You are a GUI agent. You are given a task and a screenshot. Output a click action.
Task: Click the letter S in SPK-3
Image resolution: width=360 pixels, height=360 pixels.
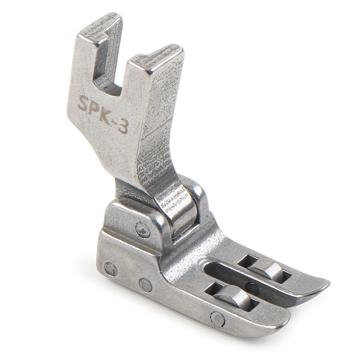(83, 102)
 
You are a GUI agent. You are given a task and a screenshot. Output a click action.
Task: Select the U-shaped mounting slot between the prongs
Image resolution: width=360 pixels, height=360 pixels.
(108, 69)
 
